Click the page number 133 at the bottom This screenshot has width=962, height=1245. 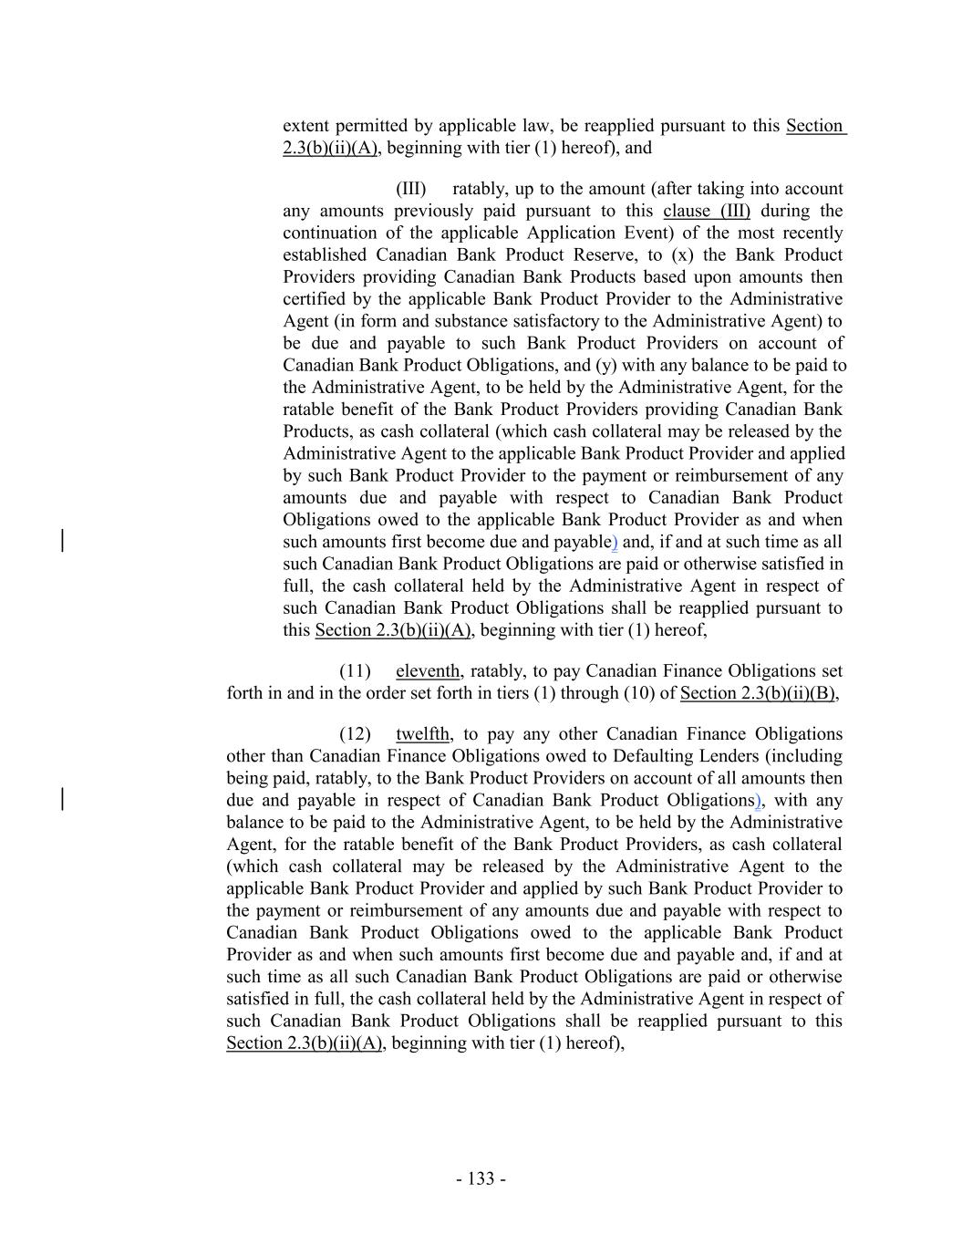481,1178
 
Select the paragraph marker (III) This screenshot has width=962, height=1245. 410,189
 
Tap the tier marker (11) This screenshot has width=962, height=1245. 355,671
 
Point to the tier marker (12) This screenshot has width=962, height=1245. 355,734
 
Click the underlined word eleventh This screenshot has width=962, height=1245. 428,671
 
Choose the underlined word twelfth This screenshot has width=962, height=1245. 423,734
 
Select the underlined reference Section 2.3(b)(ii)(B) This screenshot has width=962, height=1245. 757,693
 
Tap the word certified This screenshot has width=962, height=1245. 315,299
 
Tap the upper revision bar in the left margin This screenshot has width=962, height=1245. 61,541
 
